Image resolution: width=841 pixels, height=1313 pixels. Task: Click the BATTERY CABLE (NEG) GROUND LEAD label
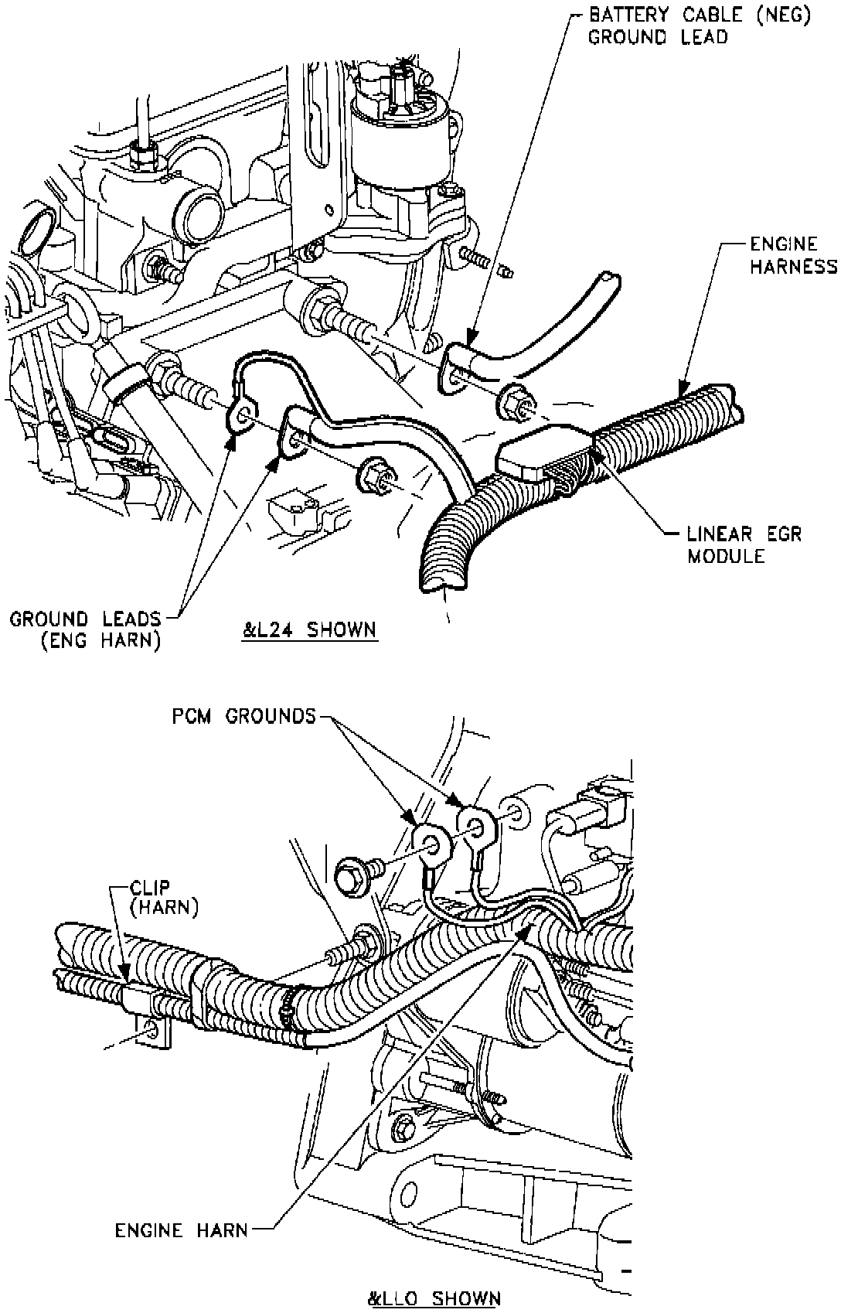(x=699, y=26)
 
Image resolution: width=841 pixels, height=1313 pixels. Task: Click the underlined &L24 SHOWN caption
(x=308, y=629)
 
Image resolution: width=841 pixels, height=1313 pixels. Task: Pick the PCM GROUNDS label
(x=243, y=716)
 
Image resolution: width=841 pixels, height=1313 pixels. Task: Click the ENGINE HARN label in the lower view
(x=182, y=1229)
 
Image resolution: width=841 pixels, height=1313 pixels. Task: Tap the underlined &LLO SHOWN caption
(x=434, y=1298)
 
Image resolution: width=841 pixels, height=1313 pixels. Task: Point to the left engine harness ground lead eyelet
(x=242, y=416)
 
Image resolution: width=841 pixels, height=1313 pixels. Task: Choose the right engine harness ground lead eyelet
(x=295, y=440)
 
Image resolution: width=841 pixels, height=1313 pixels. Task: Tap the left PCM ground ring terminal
(x=427, y=840)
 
